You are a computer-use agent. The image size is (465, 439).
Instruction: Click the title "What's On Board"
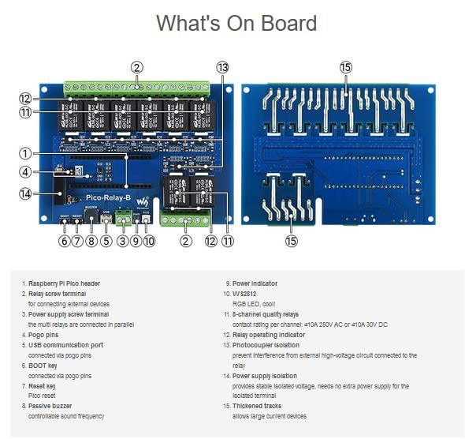click(236, 24)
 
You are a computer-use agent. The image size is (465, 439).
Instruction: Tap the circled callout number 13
click(222, 68)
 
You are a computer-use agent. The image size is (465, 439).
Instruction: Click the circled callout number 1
click(27, 153)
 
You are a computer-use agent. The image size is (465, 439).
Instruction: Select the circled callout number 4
click(27, 172)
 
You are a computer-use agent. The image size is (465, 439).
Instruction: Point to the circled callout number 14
click(27, 193)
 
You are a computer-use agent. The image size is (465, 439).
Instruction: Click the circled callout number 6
click(64, 241)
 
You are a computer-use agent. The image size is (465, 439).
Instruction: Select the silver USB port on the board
click(106, 219)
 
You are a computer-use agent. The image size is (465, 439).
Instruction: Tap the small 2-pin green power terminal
click(123, 219)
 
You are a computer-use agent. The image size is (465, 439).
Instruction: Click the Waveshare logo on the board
click(143, 202)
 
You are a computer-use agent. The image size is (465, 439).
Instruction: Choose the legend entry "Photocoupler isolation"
click(266, 345)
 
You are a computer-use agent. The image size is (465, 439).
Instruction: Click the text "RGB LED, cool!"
click(254, 304)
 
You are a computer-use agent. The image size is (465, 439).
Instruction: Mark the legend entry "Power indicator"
click(255, 283)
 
